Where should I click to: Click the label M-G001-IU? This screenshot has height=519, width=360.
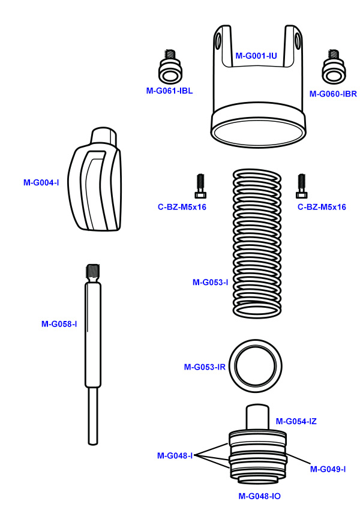(x=256, y=56)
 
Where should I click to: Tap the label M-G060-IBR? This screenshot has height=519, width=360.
(x=333, y=94)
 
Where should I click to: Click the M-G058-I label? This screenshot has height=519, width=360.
(x=59, y=324)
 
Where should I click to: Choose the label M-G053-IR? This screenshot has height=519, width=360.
(x=205, y=367)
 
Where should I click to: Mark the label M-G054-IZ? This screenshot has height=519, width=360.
(x=296, y=421)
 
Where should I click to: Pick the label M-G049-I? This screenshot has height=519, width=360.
(x=328, y=469)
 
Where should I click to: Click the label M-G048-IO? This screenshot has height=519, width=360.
(x=259, y=496)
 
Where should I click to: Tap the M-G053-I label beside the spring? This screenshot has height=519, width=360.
(x=210, y=282)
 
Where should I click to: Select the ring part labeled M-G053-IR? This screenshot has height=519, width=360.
(x=258, y=364)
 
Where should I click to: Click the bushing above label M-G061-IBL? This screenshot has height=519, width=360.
(x=170, y=67)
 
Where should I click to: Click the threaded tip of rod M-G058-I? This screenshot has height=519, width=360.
(x=93, y=272)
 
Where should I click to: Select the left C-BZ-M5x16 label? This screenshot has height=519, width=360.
(x=182, y=207)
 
